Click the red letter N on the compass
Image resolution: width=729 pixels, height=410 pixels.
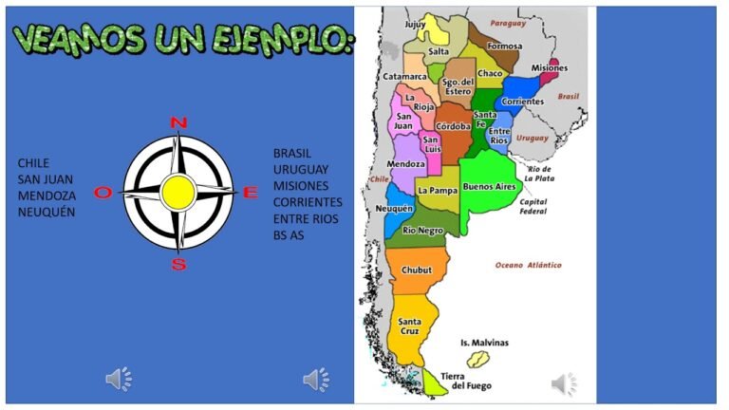pos(178,121)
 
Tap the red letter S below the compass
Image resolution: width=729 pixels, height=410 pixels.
pos(178,265)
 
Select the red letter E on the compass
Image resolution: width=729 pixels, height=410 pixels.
pos(251,193)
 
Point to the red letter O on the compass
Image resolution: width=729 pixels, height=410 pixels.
pos(103,193)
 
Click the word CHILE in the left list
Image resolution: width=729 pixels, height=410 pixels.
pos(33,163)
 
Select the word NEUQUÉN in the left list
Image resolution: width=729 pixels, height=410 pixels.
pos(47,212)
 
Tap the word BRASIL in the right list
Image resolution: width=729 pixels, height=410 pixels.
pos(292,153)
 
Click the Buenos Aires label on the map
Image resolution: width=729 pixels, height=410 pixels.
pos(489,188)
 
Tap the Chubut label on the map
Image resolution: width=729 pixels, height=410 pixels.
pos(417,270)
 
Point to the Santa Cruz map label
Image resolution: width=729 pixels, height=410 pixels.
pos(410,327)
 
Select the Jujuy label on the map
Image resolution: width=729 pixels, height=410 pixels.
pos(416,25)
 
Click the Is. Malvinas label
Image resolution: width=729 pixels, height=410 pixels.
pos(484,343)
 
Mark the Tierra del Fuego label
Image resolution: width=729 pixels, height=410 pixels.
pos(471,381)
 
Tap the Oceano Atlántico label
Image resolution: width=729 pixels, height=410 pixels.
pos(529,265)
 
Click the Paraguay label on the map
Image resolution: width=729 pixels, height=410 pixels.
pos(508,23)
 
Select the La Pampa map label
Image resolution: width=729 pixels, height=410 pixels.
pos(438,191)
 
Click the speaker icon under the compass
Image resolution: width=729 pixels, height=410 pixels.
pos(119,381)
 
